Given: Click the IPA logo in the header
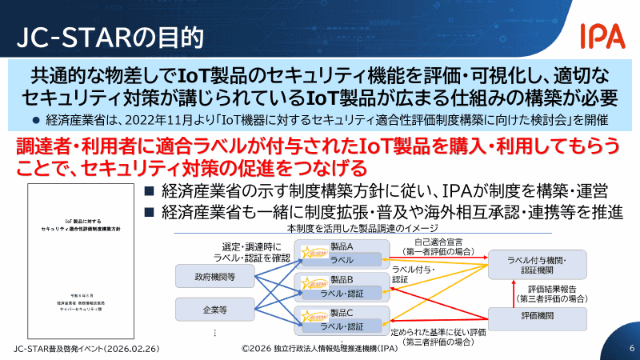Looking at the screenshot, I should (602, 36).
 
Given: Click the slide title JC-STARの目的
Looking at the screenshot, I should (110, 38).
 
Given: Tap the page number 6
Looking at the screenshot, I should (631, 349).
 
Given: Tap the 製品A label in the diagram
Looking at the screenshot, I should (342, 247).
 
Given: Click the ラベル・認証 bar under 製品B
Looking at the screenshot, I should (342, 293).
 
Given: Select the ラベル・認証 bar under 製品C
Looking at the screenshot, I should (342, 326).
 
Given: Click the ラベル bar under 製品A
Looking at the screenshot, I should (342, 260).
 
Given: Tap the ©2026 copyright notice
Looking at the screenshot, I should (320, 349).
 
